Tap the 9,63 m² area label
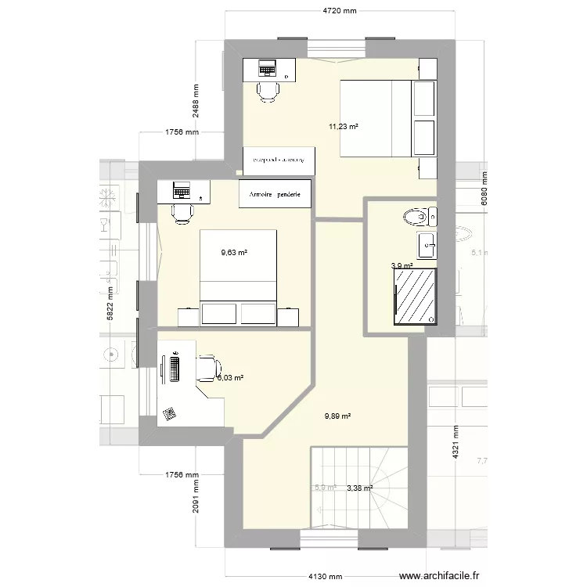click(x=234, y=253)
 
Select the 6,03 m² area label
click(x=230, y=378)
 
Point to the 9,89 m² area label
click(x=337, y=416)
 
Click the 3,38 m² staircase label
click(x=360, y=488)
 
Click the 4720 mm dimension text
click(x=340, y=10)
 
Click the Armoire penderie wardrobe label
click(x=277, y=194)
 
